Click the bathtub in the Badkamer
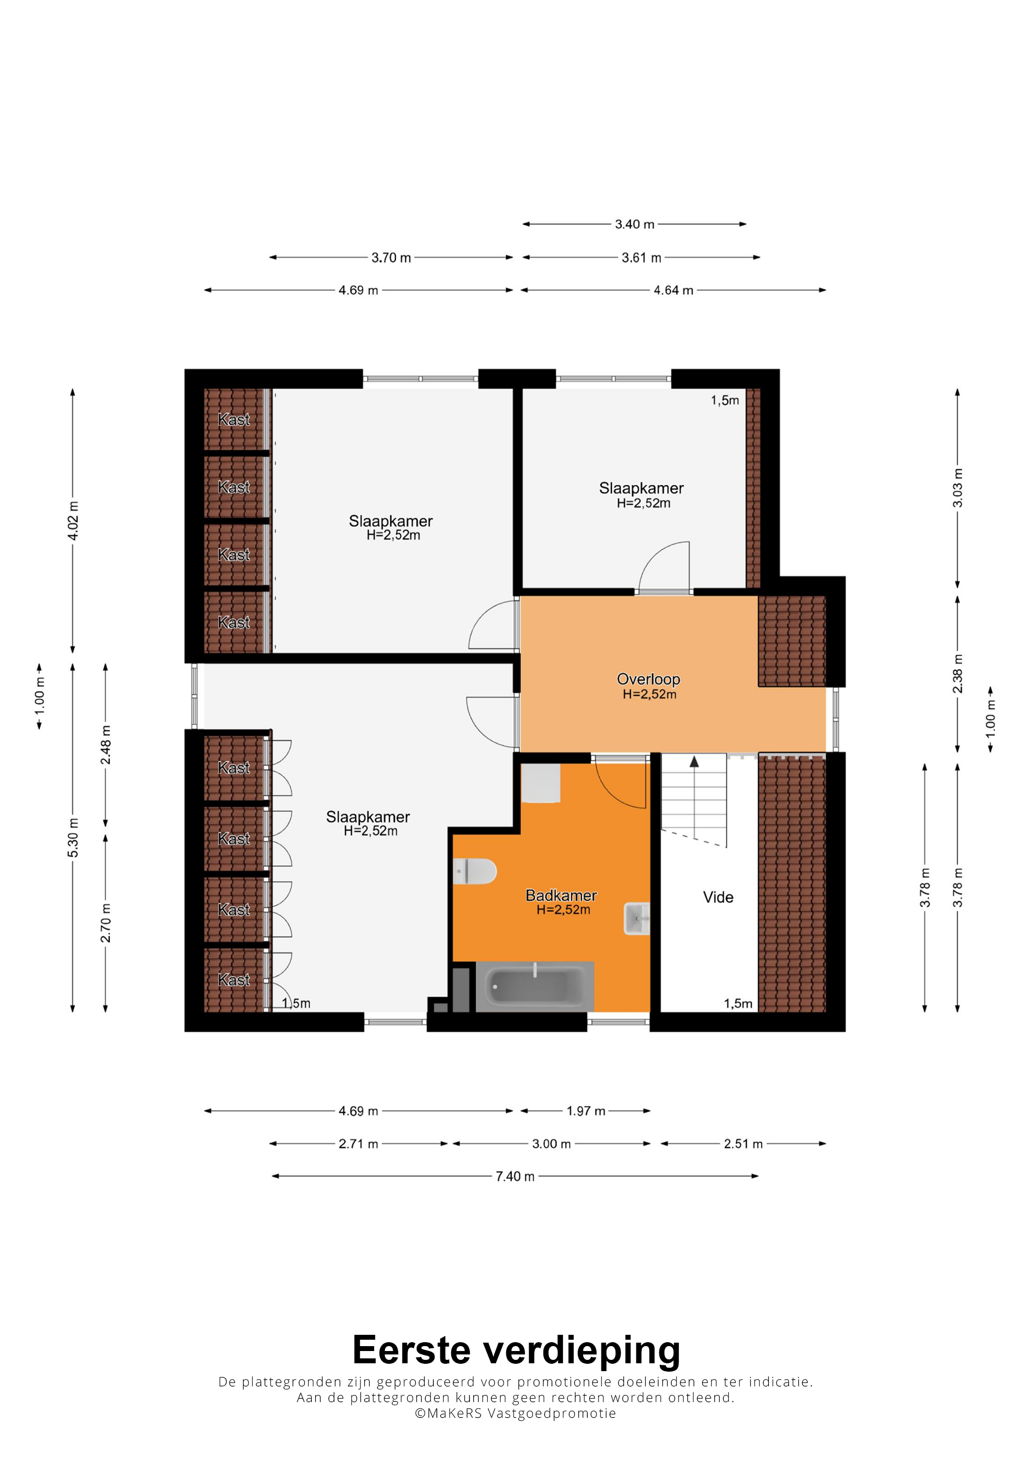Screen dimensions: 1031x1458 coord(535,986)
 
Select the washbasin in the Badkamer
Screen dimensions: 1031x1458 coord(637,918)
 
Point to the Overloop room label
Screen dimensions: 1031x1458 coord(649,680)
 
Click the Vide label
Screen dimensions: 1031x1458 coord(718,897)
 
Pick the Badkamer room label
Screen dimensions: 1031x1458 coord(561,896)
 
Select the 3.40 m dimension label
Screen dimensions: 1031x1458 coord(635,224)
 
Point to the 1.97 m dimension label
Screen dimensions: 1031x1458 coord(586,1111)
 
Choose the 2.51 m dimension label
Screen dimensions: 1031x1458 coord(743,1143)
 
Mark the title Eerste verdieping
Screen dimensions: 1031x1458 coord(516,1350)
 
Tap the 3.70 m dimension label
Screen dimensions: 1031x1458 coord(391,258)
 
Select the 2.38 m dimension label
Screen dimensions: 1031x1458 coord(957,674)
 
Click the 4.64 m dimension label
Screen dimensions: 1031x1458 coord(674,290)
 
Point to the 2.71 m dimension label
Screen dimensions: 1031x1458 coord(358,1143)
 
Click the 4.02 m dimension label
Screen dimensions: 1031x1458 coord(73,521)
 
